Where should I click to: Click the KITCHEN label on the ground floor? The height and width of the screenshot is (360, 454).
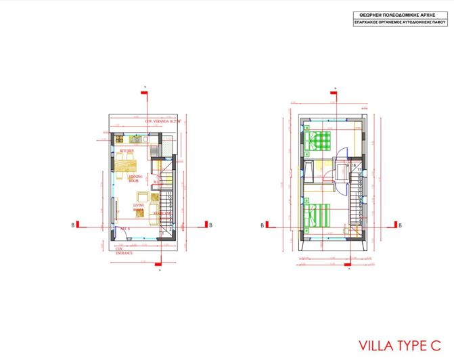tap(127, 150)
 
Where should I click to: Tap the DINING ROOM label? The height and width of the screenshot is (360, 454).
tap(135, 178)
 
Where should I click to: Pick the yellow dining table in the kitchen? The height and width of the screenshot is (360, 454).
tap(127, 162)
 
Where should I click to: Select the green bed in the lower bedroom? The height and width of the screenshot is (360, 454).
tap(317, 215)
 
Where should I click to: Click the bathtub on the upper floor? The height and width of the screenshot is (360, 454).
tap(309, 170)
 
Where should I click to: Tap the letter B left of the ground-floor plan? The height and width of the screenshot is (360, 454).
tap(72, 225)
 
